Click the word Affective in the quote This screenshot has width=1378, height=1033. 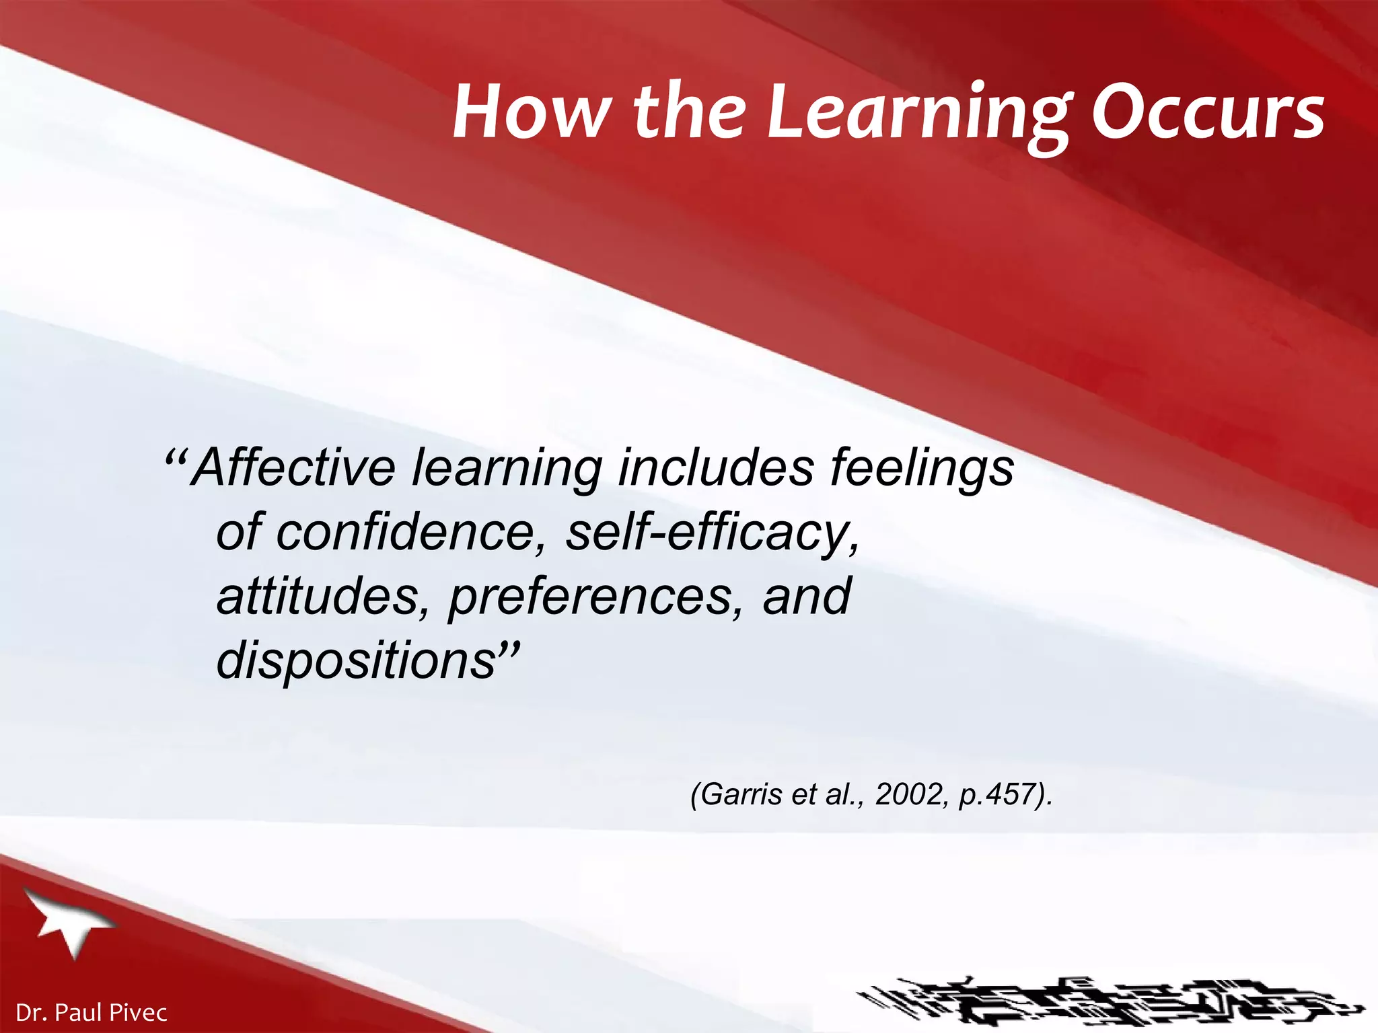click(x=294, y=467)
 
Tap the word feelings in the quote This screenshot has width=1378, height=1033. click(x=922, y=469)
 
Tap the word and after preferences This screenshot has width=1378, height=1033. click(x=807, y=597)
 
